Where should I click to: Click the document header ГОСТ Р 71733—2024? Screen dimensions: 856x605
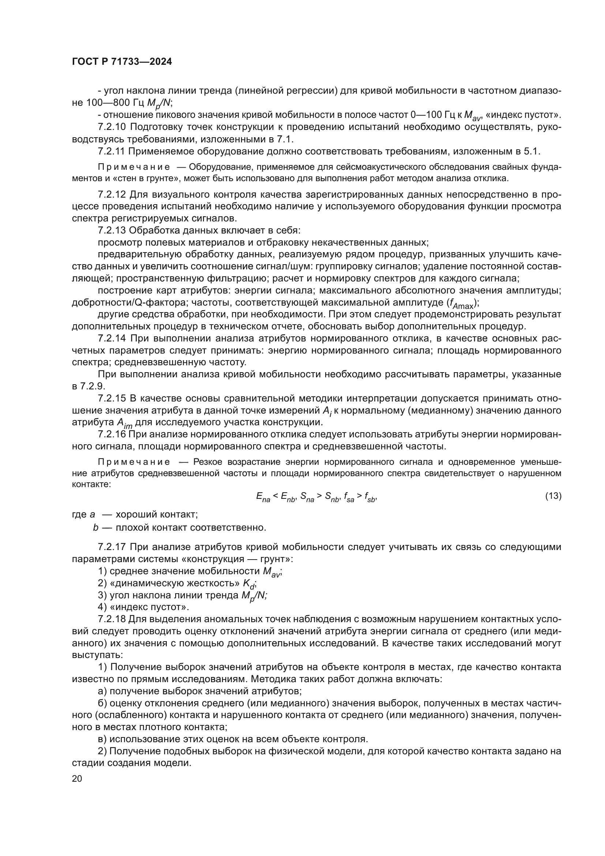coord(122,62)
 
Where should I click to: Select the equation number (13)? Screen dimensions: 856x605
coord(553,496)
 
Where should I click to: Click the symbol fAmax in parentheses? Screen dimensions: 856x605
coord(461,304)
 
